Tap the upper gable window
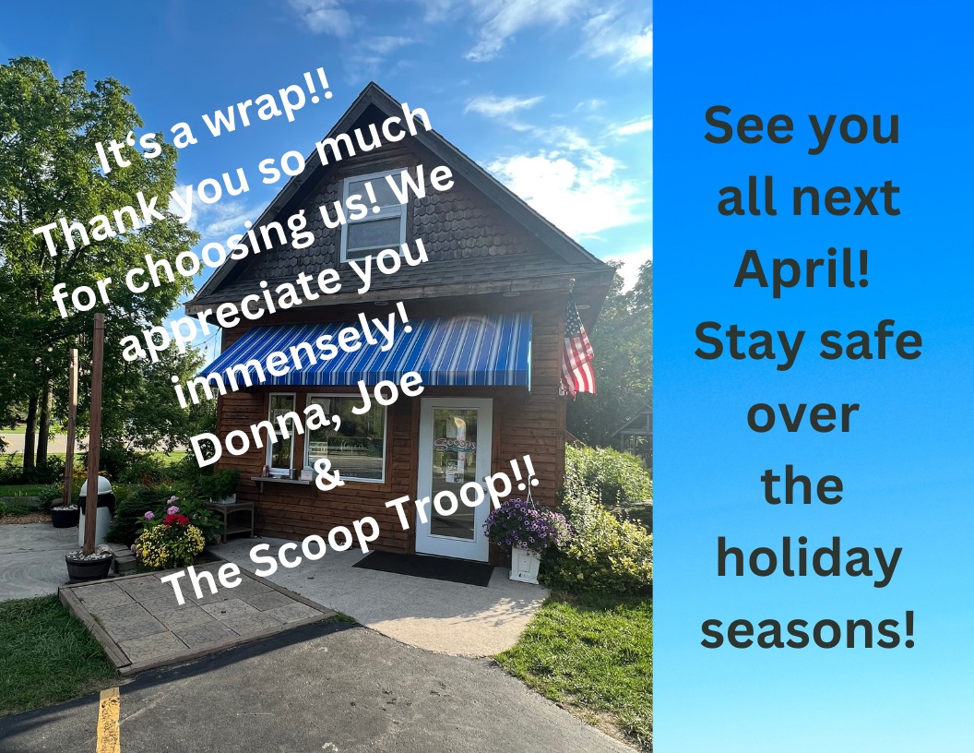point(374,215)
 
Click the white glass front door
point(454,478)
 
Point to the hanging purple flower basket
point(526,526)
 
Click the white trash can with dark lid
point(96,509)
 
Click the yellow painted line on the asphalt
point(109,720)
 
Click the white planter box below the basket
point(525,565)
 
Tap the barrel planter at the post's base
point(89,566)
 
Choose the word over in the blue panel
point(802,415)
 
